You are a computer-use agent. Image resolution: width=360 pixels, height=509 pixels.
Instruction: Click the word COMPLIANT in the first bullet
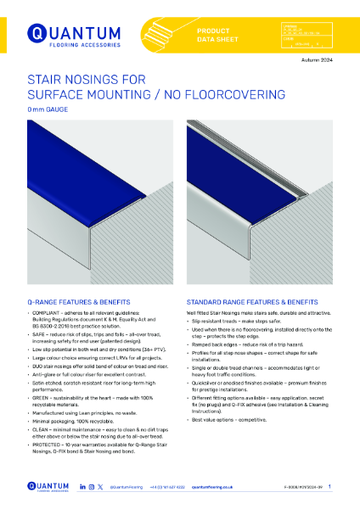pyautogui.click(x=44, y=314)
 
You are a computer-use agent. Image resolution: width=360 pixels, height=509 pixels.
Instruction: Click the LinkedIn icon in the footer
pyautogui.click(x=82, y=487)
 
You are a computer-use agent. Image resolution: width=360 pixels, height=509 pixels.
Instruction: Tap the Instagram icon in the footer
pyautogui.click(x=91, y=487)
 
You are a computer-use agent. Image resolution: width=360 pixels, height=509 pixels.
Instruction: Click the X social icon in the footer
pyautogui.click(x=100, y=487)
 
